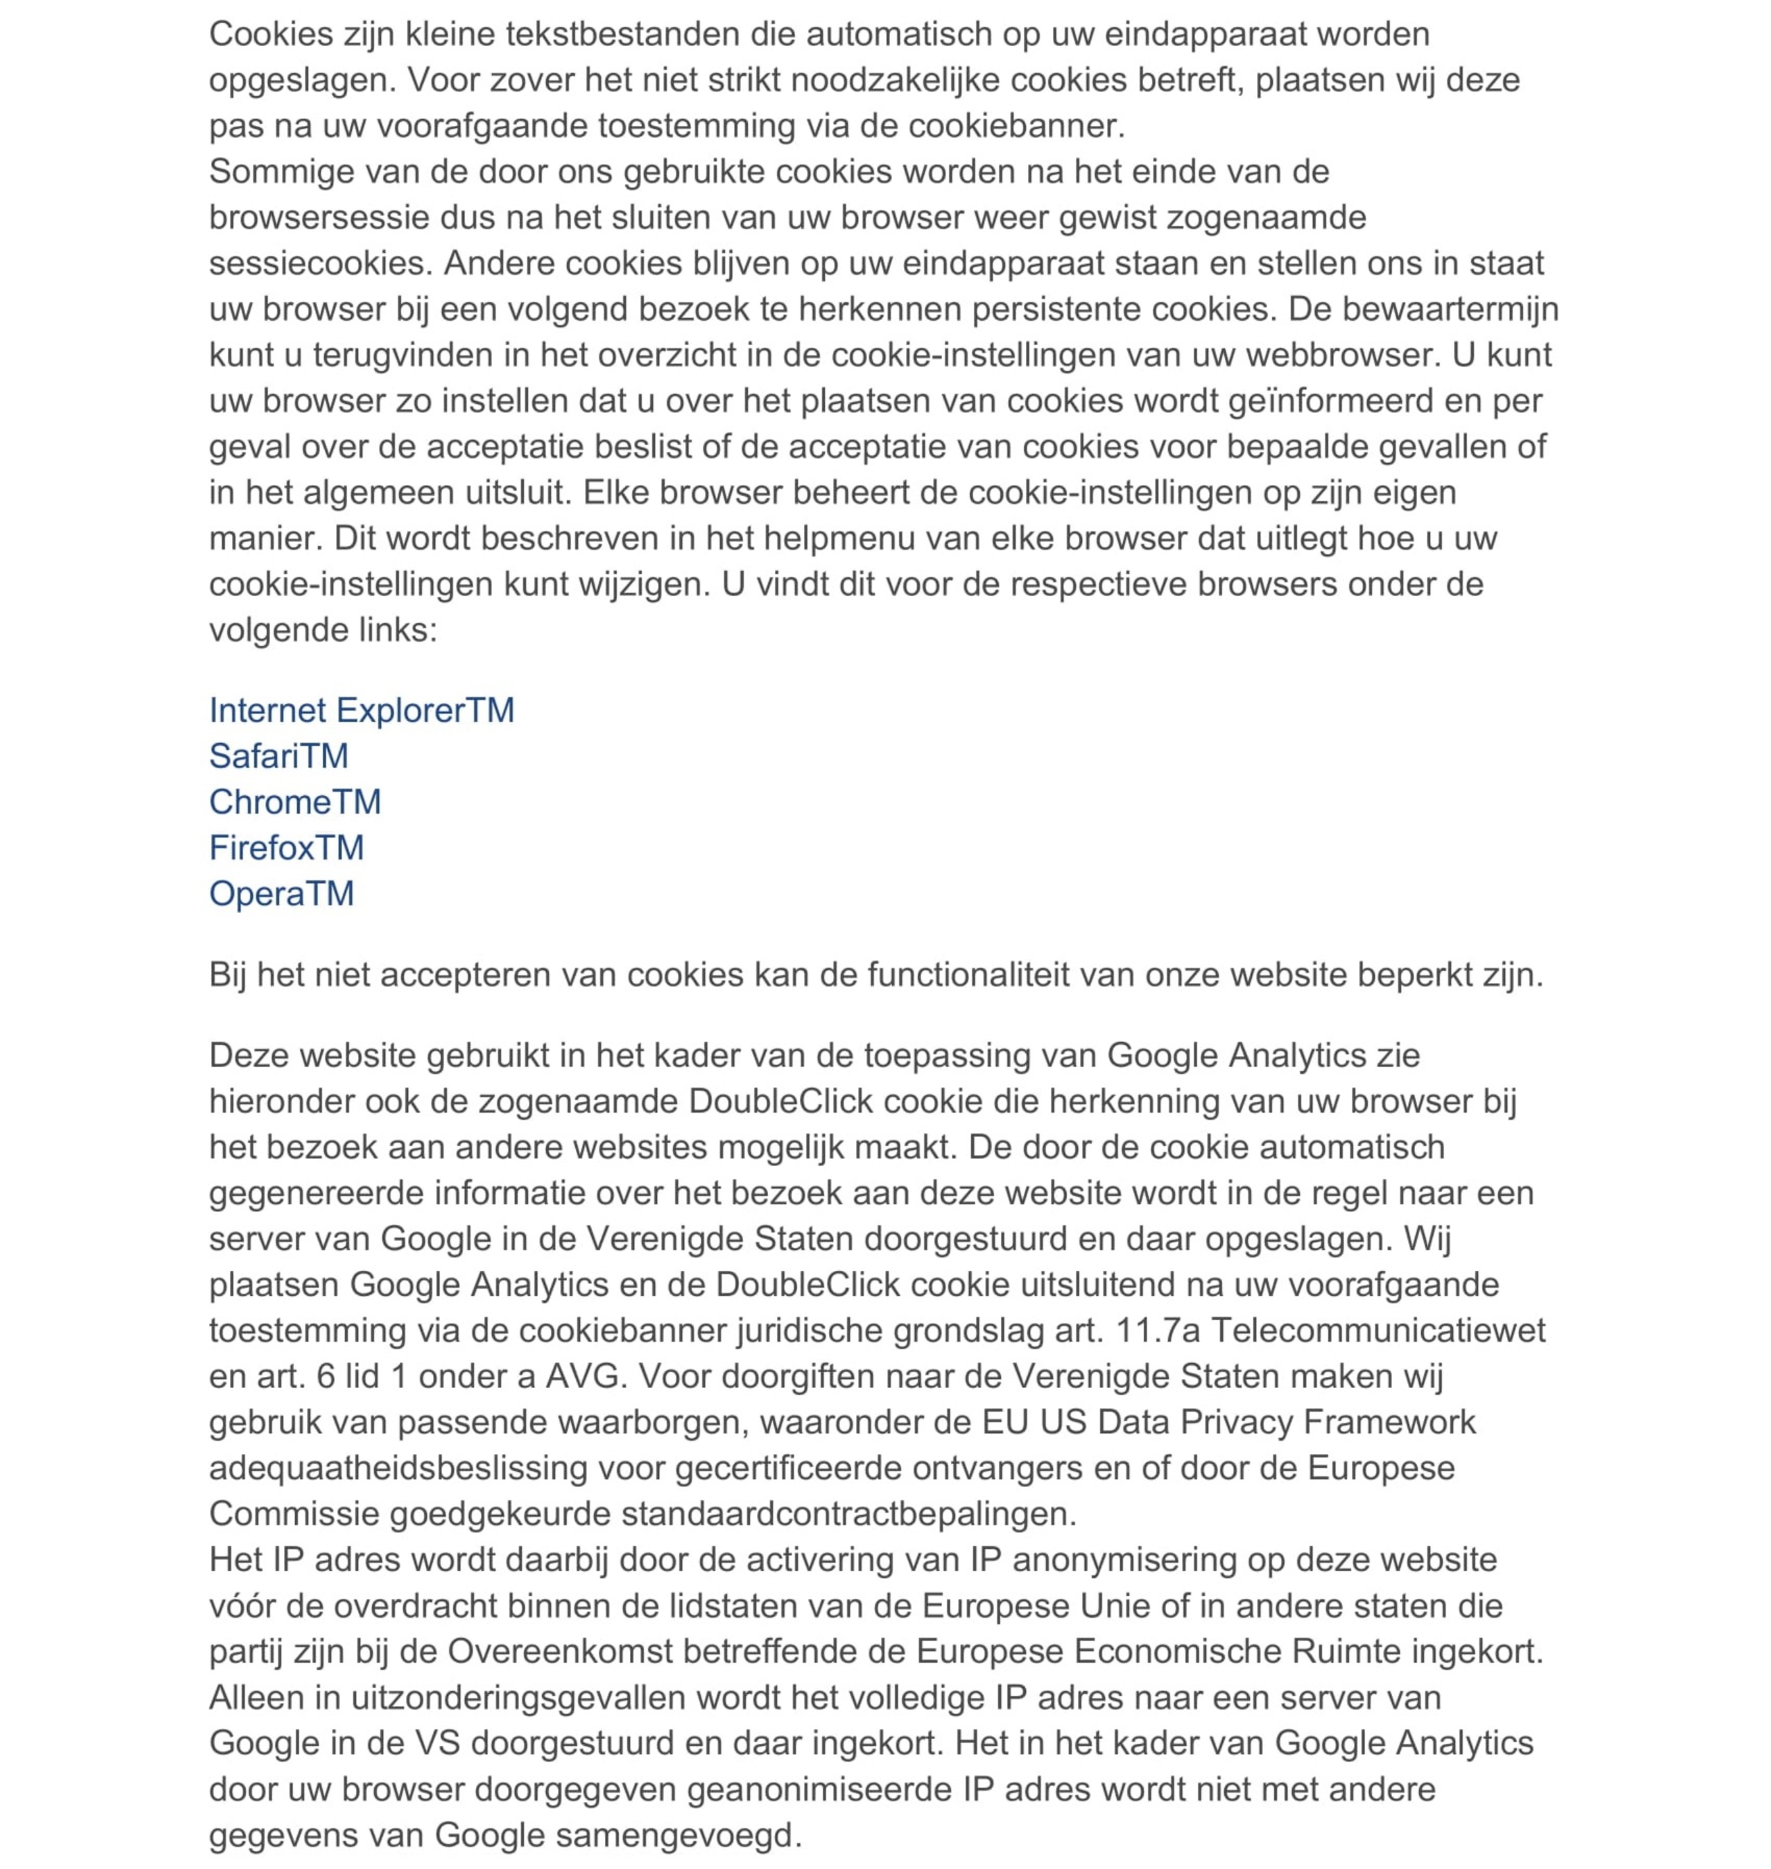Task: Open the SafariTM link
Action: (279, 756)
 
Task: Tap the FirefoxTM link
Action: (286, 848)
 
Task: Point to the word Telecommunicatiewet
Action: (1378, 1330)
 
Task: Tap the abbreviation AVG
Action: (585, 1376)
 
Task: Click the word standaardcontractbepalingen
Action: (848, 1513)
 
